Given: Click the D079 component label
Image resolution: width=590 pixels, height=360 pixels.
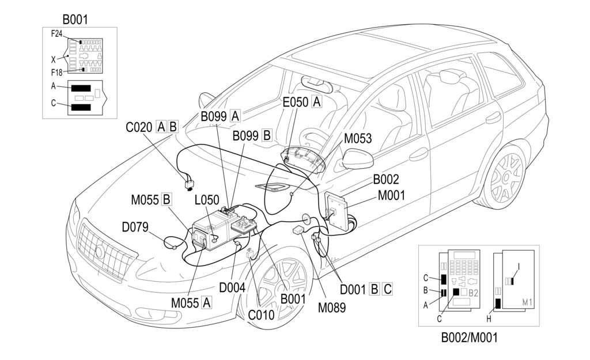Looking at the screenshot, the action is point(135,227).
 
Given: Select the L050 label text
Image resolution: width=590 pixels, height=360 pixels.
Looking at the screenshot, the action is point(207,200).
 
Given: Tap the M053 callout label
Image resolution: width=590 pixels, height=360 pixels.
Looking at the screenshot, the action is point(358,138).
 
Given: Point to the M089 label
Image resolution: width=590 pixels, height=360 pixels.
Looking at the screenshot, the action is point(331,308).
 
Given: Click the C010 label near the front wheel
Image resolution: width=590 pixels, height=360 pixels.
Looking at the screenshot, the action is point(261,314).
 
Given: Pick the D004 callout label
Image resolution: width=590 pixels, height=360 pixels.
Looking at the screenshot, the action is point(232,288).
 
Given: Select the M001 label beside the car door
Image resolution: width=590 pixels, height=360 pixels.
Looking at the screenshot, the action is point(391,196).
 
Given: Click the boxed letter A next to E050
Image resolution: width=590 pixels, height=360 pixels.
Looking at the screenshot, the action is point(317,101).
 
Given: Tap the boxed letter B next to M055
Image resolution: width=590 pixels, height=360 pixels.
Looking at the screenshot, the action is point(167,199).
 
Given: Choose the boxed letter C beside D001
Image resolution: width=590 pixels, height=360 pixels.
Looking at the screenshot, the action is point(388,289).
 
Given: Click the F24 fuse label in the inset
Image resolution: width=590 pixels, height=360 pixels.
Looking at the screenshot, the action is point(56,34).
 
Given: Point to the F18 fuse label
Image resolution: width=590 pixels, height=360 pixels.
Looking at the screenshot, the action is point(56,72).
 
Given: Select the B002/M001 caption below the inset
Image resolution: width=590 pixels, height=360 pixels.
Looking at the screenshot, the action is point(469,338).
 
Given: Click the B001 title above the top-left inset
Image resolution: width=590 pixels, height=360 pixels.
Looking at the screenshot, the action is point(75,19).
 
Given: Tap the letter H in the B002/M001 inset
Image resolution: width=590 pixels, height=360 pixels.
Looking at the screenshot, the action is point(489,319).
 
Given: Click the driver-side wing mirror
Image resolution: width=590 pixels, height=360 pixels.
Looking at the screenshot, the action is point(357,159).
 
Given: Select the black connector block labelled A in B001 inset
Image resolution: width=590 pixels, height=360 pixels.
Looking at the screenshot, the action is point(81,88).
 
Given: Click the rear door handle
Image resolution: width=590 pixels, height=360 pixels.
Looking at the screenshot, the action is point(493,118).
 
